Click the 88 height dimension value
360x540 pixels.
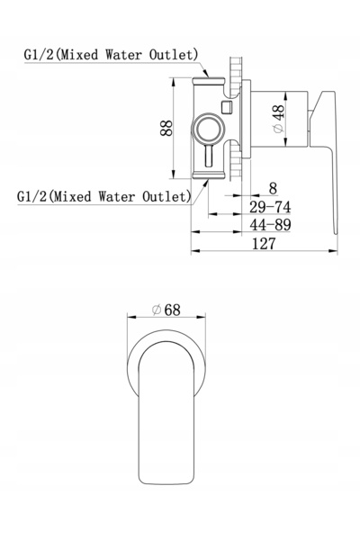(x=166, y=128)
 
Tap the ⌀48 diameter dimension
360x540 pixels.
(x=278, y=119)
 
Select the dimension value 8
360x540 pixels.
(x=273, y=188)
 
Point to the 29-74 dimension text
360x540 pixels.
(x=270, y=207)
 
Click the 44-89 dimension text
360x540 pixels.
(x=270, y=225)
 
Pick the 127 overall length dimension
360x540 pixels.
(x=264, y=244)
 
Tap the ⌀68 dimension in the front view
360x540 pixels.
(x=166, y=310)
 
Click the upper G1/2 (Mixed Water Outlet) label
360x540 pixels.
(x=111, y=55)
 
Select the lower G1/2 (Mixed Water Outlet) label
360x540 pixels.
(x=104, y=196)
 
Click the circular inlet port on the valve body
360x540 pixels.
(x=208, y=130)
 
